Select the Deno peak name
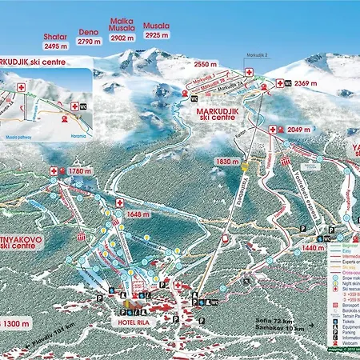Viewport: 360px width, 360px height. [87, 30]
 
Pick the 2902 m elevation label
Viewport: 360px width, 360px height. [122, 37]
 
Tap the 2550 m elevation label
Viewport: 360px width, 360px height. [206, 63]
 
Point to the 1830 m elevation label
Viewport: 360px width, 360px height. [226, 161]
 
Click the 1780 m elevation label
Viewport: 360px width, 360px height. [80, 170]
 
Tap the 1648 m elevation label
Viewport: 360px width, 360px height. [139, 214]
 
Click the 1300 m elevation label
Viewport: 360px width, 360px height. [15, 323]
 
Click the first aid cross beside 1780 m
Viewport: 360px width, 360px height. [55, 170]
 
